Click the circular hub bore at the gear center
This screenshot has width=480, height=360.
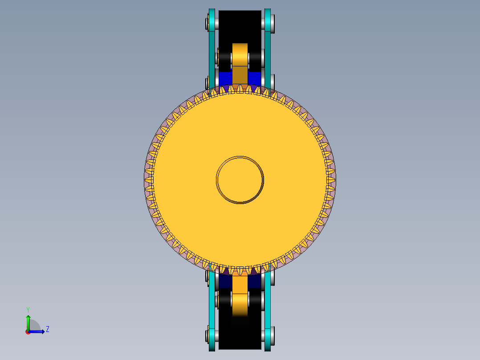click(240, 180)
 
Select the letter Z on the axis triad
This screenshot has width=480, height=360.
click(47, 329)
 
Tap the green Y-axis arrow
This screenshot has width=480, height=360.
click(28, 322)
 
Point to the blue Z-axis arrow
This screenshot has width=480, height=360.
click(38, 331)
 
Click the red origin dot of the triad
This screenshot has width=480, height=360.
click(28, 332)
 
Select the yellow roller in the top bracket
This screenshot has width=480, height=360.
click(240, 54)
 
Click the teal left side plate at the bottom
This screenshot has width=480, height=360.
click(212, 312)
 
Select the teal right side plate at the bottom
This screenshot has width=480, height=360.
click(268, 312)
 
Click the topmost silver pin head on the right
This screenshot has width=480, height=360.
click(272, 23)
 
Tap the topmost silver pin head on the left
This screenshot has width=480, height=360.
click(207, 23)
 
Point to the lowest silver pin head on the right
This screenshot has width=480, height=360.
click(272, 335)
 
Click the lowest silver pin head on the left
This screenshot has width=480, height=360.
click(207, 335)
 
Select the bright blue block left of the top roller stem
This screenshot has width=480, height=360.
click(225, 78)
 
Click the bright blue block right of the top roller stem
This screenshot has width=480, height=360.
click(254, 78)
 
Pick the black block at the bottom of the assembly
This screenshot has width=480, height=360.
click(240, 336)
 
